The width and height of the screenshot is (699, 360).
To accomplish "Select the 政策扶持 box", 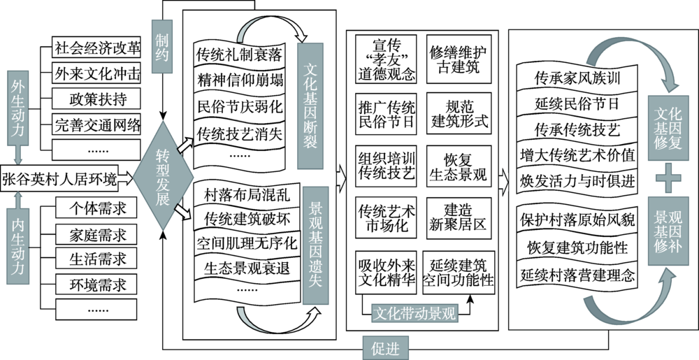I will click(97, 97).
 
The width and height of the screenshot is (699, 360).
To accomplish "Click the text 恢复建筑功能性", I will click(574, 247).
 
